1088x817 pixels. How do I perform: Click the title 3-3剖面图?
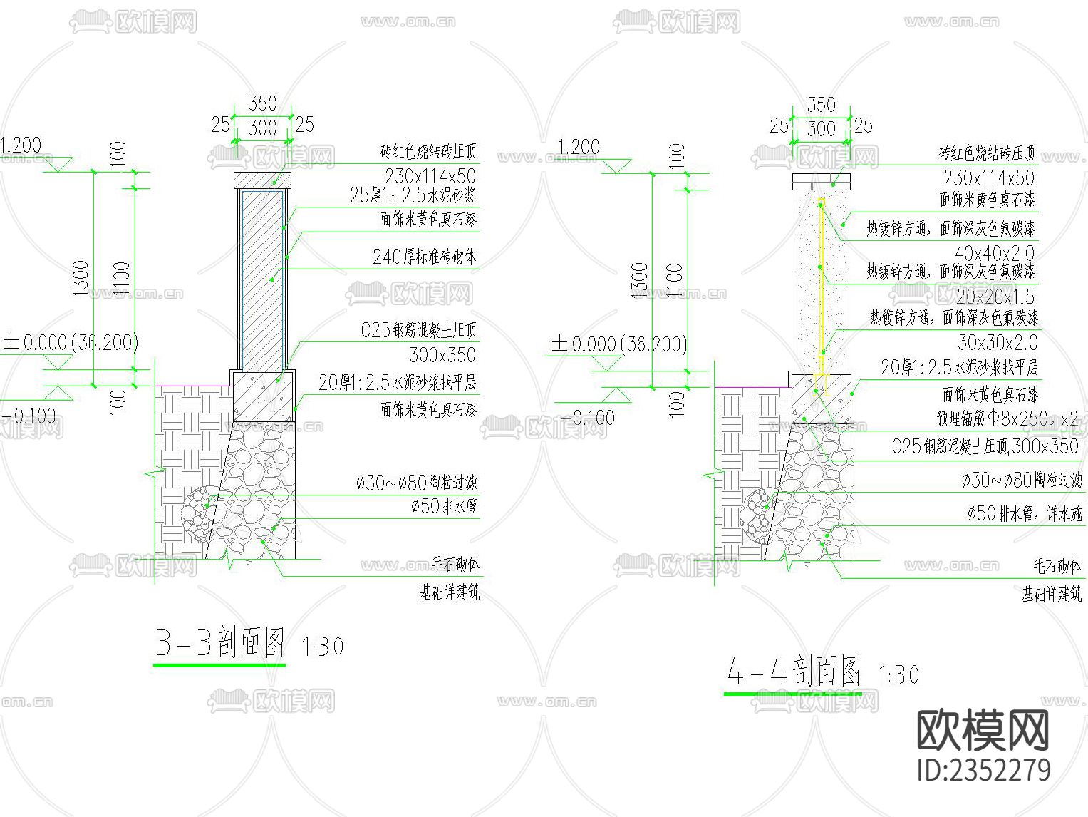coord(220,643)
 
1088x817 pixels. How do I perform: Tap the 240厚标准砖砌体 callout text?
coord(425,257)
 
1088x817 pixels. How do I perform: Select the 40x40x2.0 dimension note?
coord(995,253)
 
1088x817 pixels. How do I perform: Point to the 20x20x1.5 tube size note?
coord(995,297)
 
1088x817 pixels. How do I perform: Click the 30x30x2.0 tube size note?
coord(998,343)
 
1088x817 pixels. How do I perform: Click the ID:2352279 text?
coord(984,771)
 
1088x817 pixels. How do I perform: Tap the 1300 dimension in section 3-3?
coord(81,278)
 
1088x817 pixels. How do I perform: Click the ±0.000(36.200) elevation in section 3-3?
coord(71,343)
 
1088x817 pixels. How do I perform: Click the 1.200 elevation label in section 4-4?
coord(578,148)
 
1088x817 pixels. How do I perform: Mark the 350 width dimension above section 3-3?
coord(262,104)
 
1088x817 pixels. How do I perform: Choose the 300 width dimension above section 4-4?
coord(821,129)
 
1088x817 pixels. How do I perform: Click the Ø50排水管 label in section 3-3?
coord(443,507)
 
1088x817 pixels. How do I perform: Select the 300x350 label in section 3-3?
coord(442,355)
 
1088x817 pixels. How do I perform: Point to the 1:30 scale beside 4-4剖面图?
coord(899,675)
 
